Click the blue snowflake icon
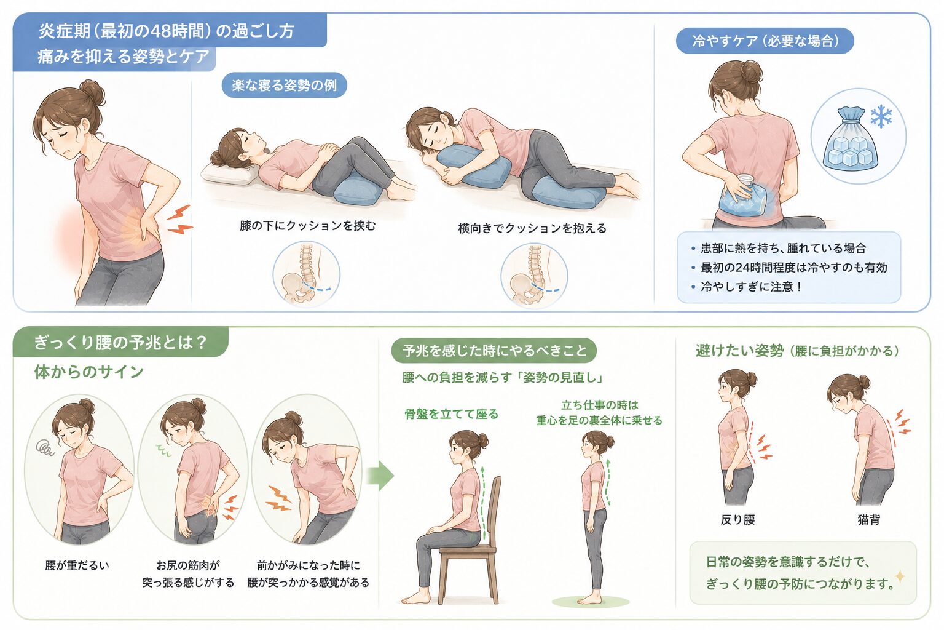pos(881,116)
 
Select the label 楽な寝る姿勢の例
pos(284,86)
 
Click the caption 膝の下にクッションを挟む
pos(307,226)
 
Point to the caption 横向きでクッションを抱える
pos(532,228)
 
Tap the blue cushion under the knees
pos(359,190)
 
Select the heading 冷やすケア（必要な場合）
pos(765,41)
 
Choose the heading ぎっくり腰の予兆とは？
pos(120,342)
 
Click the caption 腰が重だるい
pos(77,565)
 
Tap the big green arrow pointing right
pos(380,476)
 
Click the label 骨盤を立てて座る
pos(451,414)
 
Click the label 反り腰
pos(737,519)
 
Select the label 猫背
pos(868,519)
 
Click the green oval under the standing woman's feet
pos(591,601)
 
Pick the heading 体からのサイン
pos(89,372)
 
